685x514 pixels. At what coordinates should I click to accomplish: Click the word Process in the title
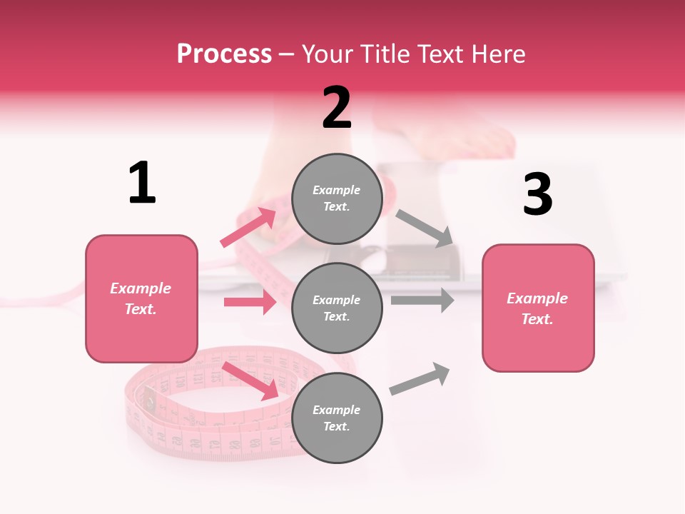pyautogui.click(x=224, y=54)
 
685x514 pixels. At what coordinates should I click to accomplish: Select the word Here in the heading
pyautogui.click(x=497, y=54)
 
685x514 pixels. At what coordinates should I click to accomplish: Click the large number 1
pyautogui.click(x=142, y=183)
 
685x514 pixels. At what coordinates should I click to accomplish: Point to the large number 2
pyautogui.click(x=337, y=108)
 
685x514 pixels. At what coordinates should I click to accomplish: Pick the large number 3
pyautogui.click(x=537, y=194)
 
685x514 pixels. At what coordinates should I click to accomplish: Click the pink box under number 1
pyautogui.click(x=141, y=298)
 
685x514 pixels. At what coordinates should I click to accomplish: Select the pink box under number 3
pyautogui.click(x=538, y=308)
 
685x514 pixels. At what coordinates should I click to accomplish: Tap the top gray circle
pyautogui.click(x=338, y=198)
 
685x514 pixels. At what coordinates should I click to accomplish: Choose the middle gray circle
pyautogui.click(x=338, y=308)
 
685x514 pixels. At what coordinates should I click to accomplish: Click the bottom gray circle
pyautogui.click(x=338, y=418)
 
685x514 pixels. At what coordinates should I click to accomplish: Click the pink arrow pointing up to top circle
pyautogui.click(x=248, y=227)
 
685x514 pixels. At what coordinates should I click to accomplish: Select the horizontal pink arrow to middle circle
pyautogui.click(x=250, y=302)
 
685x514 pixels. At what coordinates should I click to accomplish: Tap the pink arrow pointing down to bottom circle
pyautogui.click(x=250, y=380)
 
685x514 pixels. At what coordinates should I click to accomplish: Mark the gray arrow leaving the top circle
pyautogui.click(x=425, y=228)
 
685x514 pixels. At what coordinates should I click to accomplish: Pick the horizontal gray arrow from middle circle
pyautogui.click(x=422, y=300)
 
